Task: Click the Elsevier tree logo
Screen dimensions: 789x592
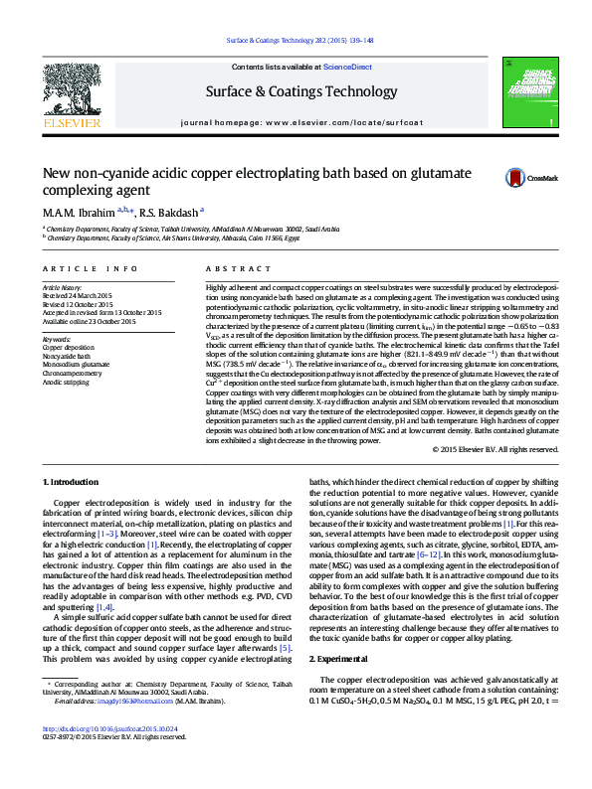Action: (71, 94)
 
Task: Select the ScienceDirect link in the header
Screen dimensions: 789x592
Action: (347, 67)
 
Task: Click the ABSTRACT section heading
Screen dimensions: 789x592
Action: (226, 269)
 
